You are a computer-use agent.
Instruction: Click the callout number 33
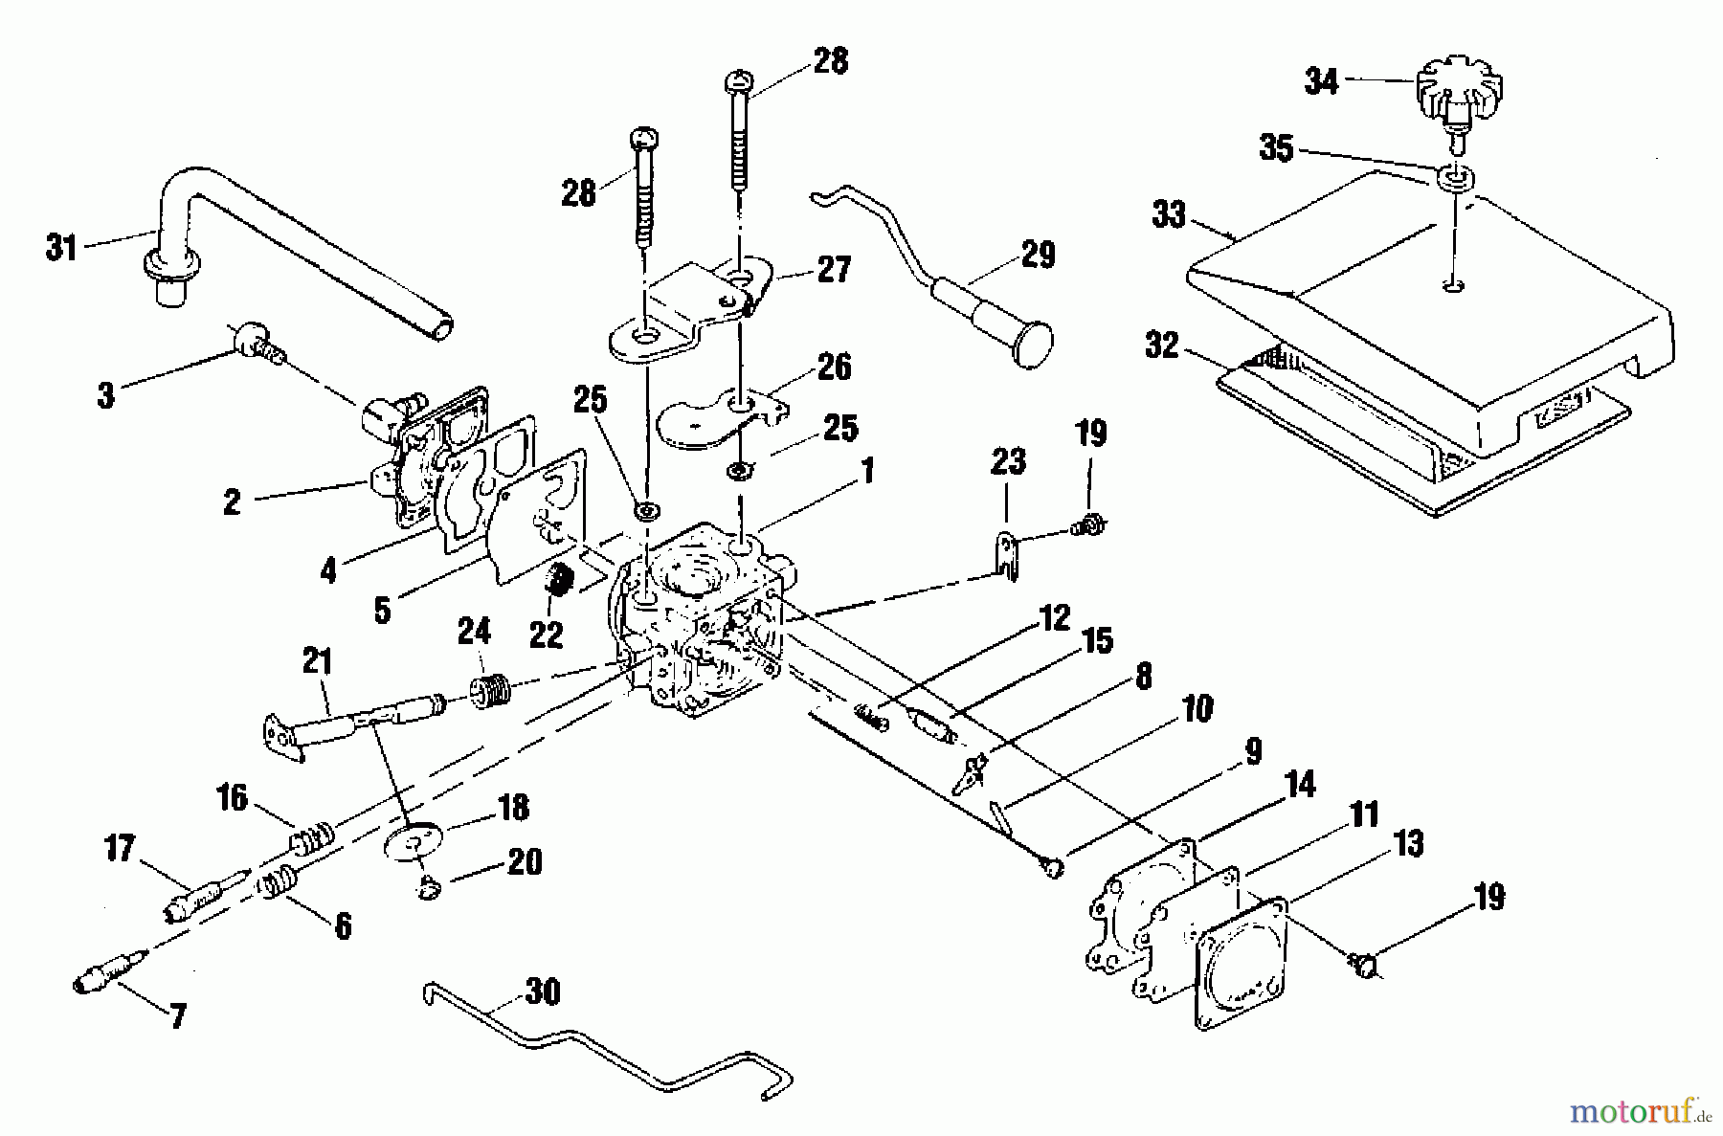[1169, 215]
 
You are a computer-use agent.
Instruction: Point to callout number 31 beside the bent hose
[61, 249]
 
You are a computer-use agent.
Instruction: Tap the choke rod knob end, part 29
[1026, 339]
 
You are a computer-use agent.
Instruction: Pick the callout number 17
[119, 848]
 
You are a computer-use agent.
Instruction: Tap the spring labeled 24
[489, 690]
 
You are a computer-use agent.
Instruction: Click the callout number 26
[833, 367]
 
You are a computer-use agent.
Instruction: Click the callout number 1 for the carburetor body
[866, 471]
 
